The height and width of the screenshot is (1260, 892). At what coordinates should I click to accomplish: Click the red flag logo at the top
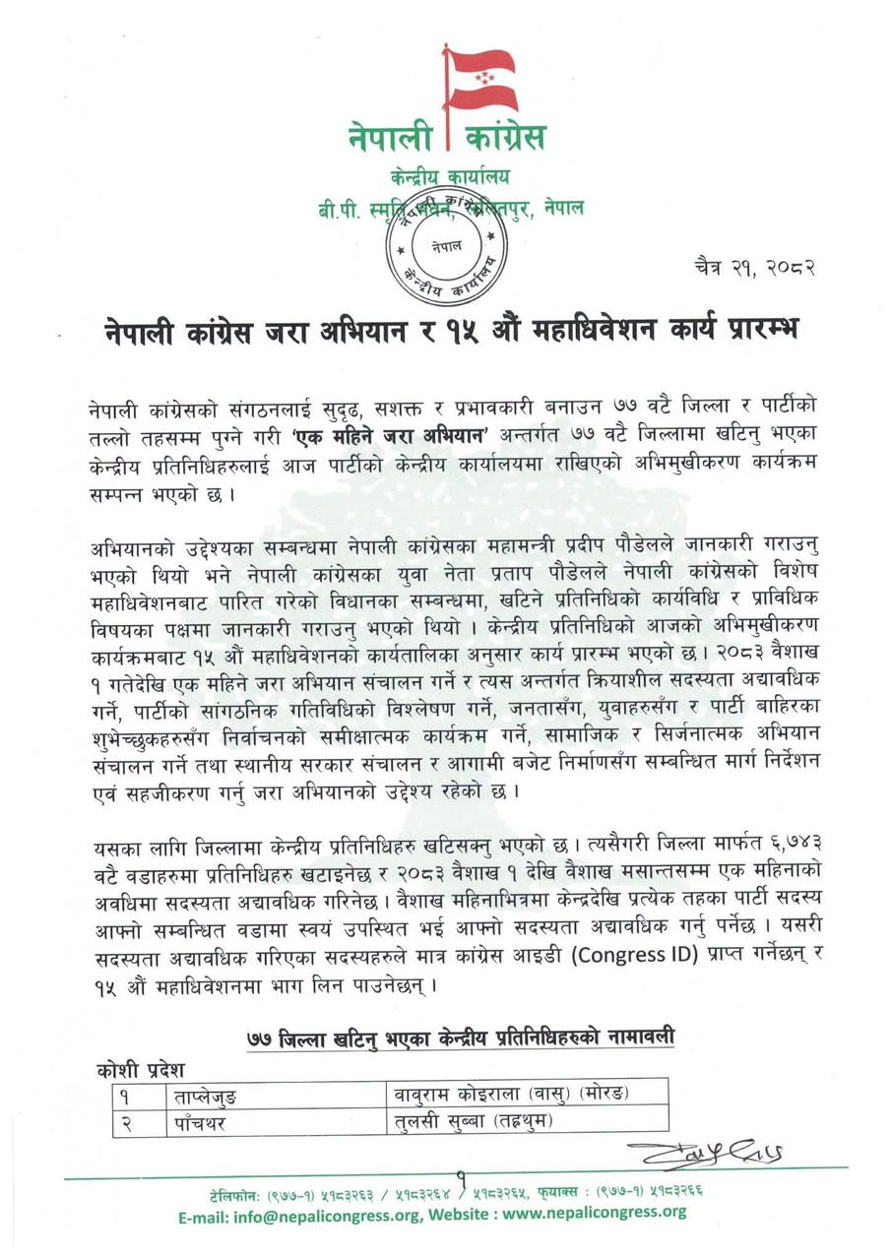pos(479,78)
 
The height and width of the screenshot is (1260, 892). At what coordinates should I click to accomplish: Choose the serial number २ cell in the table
pos(126,1119)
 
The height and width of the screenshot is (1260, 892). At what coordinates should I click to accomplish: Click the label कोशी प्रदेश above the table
pos(141,1069)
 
